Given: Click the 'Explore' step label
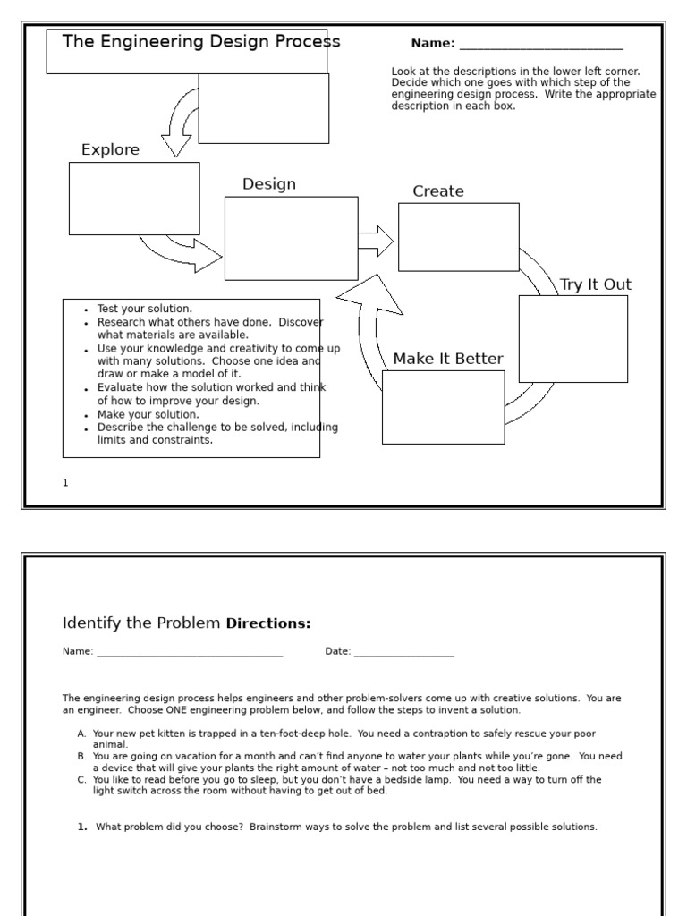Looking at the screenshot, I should (x=110, y=150).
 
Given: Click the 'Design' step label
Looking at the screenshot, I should (x=269, y=184).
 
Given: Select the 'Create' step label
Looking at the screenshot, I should (x=438, y=191).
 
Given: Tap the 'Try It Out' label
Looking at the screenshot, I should (x=595, y=284).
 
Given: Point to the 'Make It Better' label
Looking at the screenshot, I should (x=448, y=359).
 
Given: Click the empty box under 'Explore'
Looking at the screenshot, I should (x=134, y=199).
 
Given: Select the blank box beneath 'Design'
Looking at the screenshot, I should (x=291, y=238).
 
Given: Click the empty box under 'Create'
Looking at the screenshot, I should (x=458, y=237).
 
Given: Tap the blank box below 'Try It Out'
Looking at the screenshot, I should (x=572, y=338).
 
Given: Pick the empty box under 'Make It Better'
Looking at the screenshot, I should (x=443, y=407).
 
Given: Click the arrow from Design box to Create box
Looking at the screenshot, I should (x=376, y=242).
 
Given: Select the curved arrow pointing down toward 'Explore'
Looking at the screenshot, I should (x=178, y=125).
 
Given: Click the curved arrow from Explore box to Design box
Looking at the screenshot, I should (x=183, y=253).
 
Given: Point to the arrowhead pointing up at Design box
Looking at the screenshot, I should (x=370, y=295).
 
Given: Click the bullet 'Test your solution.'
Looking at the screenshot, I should (x=144, y=309).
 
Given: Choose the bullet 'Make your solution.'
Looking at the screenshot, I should (x=148, y=415).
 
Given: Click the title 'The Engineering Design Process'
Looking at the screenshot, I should (x=201, y=42).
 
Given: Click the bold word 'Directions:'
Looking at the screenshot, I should (x=268, y=623).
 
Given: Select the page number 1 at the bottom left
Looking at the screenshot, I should (x=65, y=483).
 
